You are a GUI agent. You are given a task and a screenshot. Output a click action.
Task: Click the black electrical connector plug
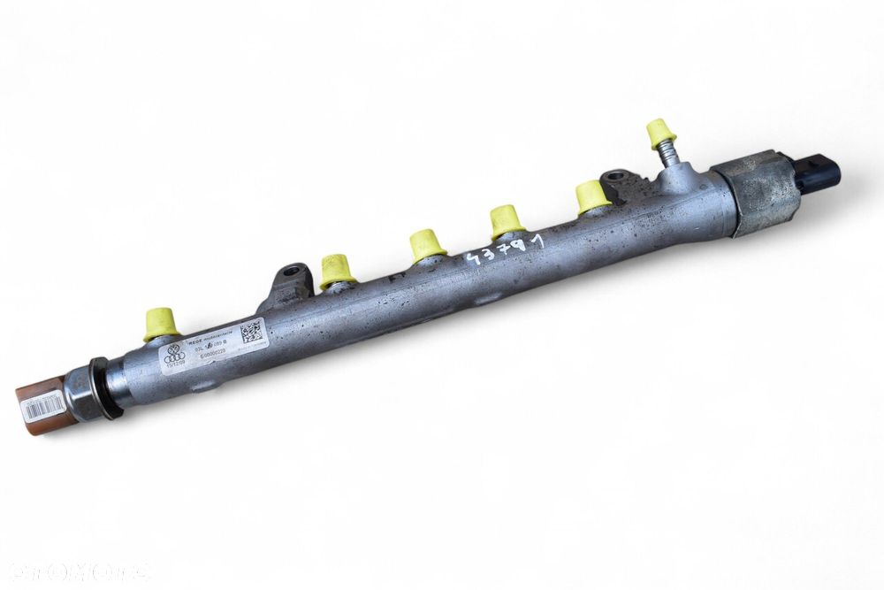(x=817, y=172)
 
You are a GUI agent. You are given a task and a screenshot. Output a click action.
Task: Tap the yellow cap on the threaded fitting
(x=659, y=133)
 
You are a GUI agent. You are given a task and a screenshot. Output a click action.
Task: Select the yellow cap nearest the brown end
(x=161, y=323)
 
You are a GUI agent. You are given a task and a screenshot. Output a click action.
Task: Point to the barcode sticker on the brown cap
(x=43, y=406)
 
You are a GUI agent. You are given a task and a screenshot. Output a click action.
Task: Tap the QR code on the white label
(x=251, y=333)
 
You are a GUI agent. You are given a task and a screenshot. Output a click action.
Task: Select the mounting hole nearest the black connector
(x=615, y=178)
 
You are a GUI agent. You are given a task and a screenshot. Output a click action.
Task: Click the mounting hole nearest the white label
(x=290, y=272)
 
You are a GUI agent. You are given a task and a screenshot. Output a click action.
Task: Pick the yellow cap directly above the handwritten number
(x=507, y=220)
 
